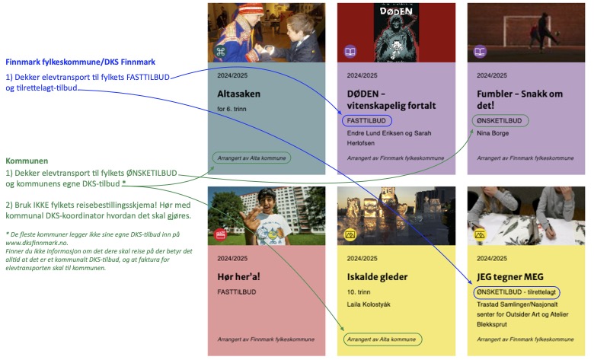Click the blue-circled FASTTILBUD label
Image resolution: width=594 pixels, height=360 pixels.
(x=367, y=121)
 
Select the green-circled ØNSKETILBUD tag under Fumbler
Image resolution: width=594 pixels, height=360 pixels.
(x=500, y=121)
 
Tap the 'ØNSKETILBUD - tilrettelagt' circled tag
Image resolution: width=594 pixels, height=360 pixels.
(x=517, y=292)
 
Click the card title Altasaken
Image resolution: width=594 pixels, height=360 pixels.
(x=238, y=94)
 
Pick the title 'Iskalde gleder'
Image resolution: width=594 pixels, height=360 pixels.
(x=377, y=277)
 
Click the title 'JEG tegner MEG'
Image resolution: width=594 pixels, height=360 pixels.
(x=510, y=277)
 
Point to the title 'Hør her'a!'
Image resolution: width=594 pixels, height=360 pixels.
(x=238, y=277)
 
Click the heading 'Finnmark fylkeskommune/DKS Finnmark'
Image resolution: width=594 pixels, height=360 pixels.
(x=80, y=62)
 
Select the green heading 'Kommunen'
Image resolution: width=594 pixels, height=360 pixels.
(x=27, y=161)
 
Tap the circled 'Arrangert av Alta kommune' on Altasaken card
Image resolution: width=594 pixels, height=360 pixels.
(x=251, y=158)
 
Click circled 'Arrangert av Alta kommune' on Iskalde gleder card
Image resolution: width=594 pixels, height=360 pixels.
(x=382, y=339)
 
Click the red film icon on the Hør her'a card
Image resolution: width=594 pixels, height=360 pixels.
(x=220, y=234)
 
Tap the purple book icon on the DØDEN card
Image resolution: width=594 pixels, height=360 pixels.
(x=350, y=52)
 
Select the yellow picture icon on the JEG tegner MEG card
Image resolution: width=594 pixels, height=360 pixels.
(x=480, y=234)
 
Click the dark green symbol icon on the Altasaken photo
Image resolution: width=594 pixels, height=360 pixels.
(x=220, y=52)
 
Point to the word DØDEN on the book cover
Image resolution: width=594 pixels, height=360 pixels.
(x=396, y=11)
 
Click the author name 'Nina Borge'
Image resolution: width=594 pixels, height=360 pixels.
(x=493, y=133)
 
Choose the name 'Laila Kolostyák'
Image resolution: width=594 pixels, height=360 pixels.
(x=369, y=304)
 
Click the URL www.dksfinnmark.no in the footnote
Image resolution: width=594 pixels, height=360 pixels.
(x=37, y=243)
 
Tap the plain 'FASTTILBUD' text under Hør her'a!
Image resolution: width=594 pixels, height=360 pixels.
(x=237, y=292)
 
